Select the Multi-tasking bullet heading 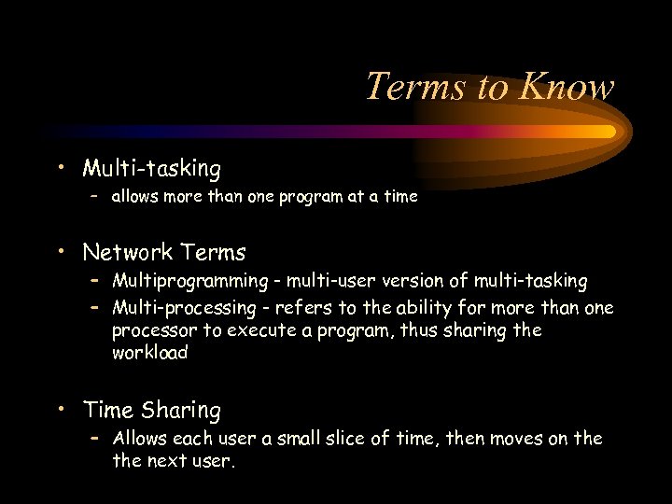(151, 169)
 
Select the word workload (149, 353)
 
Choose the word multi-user (330, 281)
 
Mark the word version (417, 281)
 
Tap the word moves (521, 438)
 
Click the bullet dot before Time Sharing (61, 408)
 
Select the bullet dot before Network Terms (61, 250)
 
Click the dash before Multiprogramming (95, 281)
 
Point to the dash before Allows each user (95, 438)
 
